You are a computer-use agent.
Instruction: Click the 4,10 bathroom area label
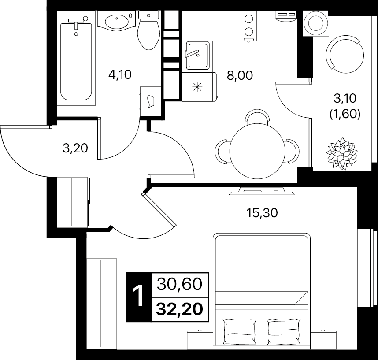click(x=120, y=74)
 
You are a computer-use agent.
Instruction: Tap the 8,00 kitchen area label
click(x=240, y=75)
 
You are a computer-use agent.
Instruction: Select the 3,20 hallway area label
click(x=75, y=148)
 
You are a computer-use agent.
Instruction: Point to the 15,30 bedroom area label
click(x=262, y=213)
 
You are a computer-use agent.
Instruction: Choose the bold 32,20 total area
click(x=179, y=309)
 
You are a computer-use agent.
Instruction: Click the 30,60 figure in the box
click(x=179, y=284)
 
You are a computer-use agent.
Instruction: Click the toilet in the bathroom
click(x=148, y=30)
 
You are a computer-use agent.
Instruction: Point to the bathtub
click(x=76, y=60)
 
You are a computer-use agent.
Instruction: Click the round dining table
click(x=257, y=151)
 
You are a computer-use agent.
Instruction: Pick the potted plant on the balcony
click(x=341, y=153)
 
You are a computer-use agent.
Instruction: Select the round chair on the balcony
click(x=345, y=55)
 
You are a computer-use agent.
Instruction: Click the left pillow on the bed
click(x=240, y=331)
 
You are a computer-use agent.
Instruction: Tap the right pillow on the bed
click(x=284, y=331)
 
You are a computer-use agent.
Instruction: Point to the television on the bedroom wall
click(x=262, y=192)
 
